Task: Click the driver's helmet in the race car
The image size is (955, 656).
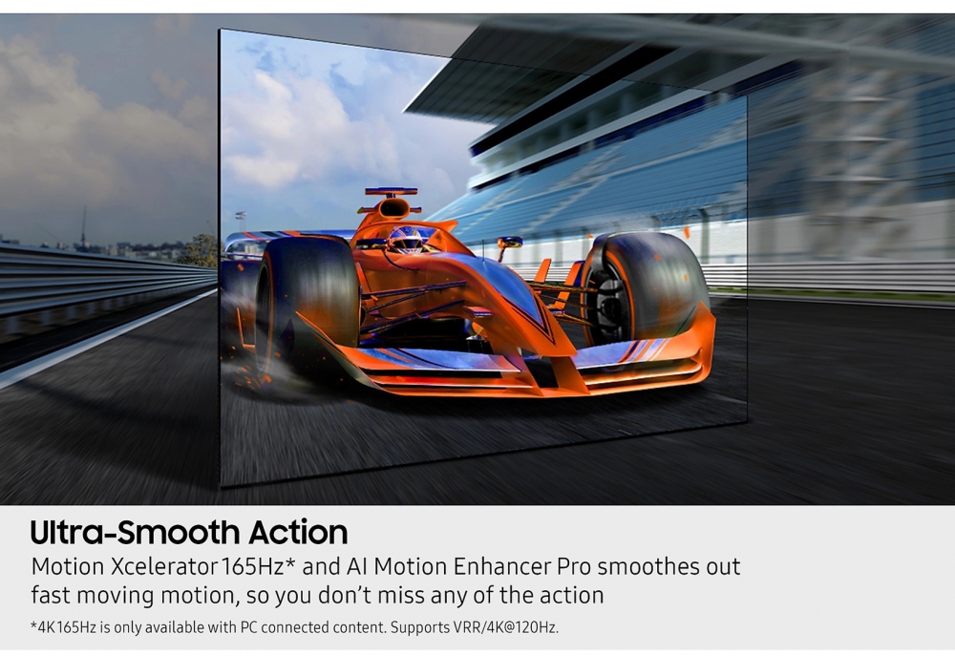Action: click(406, 240)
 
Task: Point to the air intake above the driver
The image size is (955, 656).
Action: click(393, 208)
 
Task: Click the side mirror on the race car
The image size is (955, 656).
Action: click(510, 243)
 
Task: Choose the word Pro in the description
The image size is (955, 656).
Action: click(574, 567)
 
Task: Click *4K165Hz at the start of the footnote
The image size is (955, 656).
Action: click(63, 627)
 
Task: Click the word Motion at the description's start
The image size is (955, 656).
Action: click(68, 567)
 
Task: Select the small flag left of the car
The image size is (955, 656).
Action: click(242, 216)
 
